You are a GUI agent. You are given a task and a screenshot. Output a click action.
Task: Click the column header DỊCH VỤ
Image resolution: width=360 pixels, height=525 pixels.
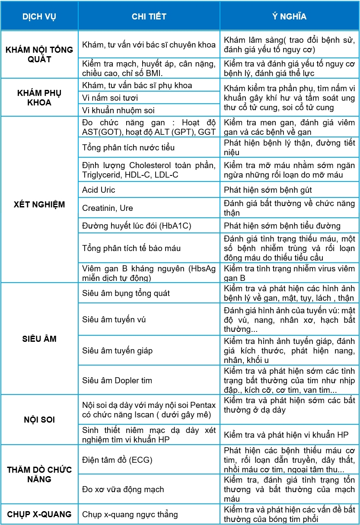pyautogui.click(x=39, y=16)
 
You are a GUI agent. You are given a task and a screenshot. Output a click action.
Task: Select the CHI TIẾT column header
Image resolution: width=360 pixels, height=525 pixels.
pyautogui.click(x=149, y=16)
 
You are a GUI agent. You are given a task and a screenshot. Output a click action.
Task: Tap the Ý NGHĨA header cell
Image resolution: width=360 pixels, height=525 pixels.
pyautogui.click(x=289, y=16)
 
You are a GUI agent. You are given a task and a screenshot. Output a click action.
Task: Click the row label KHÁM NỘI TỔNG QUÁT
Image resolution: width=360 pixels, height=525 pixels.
pyautogui.click(x=39, y=54)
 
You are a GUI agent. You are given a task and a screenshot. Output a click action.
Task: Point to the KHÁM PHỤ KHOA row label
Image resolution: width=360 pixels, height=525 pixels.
pyautogui.click(x=39, y=98)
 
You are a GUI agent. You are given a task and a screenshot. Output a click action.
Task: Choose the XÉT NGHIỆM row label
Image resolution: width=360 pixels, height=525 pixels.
pyautogui.click(x=39, y=204)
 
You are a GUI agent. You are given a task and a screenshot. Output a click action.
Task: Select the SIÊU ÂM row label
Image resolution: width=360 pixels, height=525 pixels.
pyautogui.click(x=39, y=339)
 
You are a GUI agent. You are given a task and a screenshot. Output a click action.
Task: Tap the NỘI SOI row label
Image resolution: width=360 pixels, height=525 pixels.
pyautogui.click(x=39, y=420)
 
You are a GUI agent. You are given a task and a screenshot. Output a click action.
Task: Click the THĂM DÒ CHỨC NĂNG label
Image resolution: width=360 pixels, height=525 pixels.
pyautogui.click(x=39, y=474)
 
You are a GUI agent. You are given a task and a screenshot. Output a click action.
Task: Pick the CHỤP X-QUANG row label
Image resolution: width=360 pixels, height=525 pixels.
pyautogui.click(x=39, y=514)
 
